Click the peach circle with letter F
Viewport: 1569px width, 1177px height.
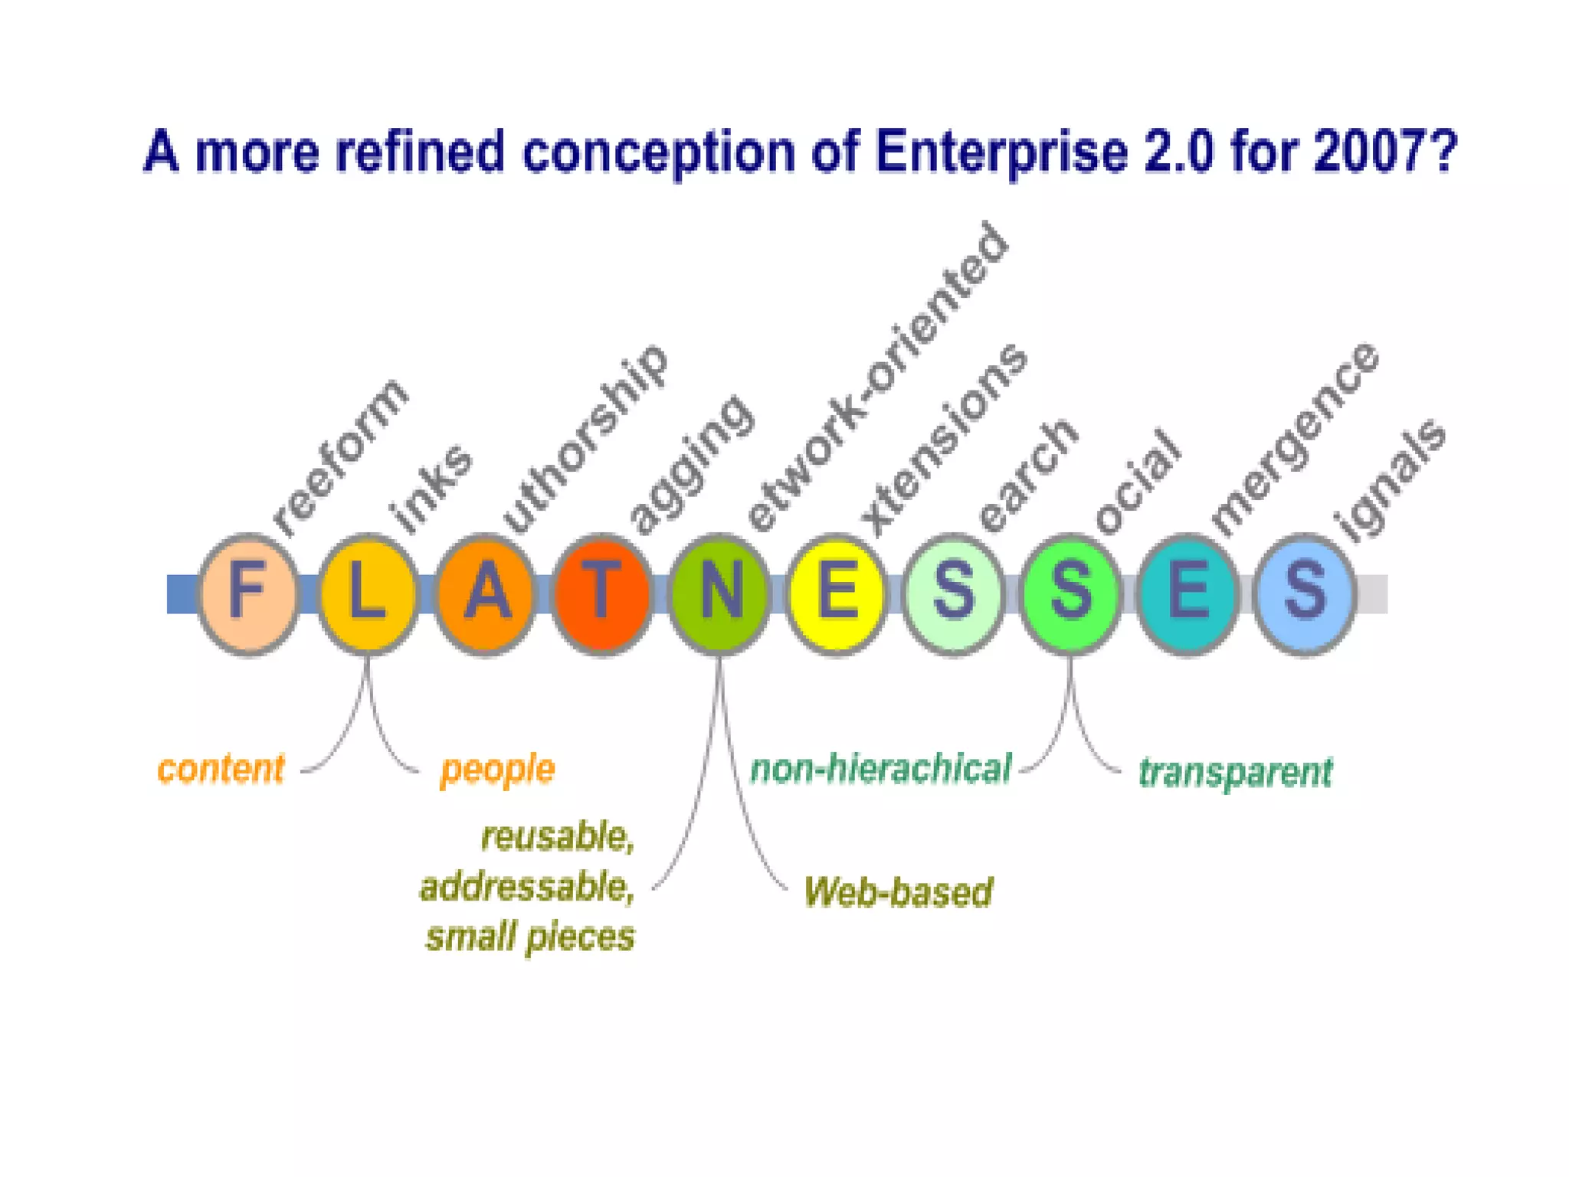(247, 593)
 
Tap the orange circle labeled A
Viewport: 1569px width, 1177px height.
(484, 593)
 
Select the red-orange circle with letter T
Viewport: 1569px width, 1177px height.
(601, 593)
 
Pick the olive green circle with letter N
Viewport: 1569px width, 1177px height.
(719, 593)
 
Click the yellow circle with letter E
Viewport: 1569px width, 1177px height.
(836, 593)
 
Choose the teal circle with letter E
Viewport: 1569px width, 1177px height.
(1187, 593)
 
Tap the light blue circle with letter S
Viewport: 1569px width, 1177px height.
(1304, 593)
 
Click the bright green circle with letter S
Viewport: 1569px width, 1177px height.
(1069, 593)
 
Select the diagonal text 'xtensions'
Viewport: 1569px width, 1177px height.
(944, 440)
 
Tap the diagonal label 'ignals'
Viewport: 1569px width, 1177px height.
(1390, 480)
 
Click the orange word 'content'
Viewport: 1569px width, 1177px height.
(221, 769)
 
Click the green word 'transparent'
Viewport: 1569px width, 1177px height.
(1235, 772)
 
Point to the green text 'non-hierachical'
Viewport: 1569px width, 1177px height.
(881, 769)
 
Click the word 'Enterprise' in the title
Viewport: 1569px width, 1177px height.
(1001, 151)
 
